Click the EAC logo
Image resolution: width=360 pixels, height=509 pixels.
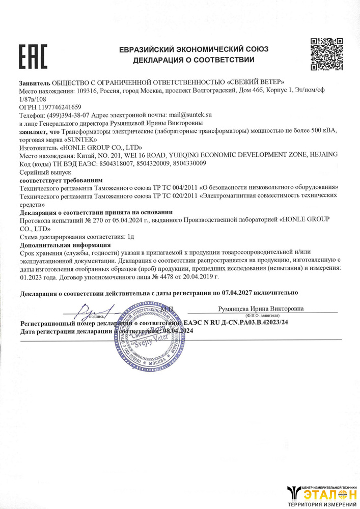[33, 56]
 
